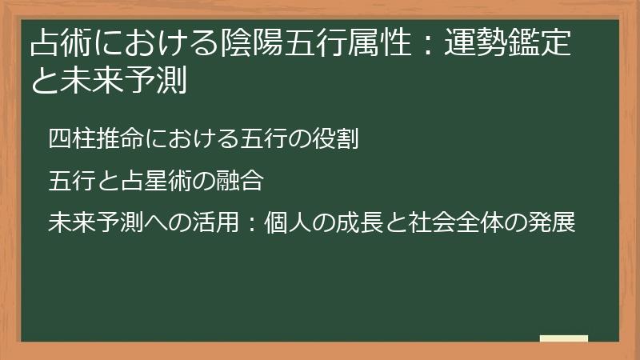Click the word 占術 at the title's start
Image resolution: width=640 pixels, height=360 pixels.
pyautogui.click(x=60, y=44)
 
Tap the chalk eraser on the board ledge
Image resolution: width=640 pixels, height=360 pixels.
pyautogui.click(x=564, y=339)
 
